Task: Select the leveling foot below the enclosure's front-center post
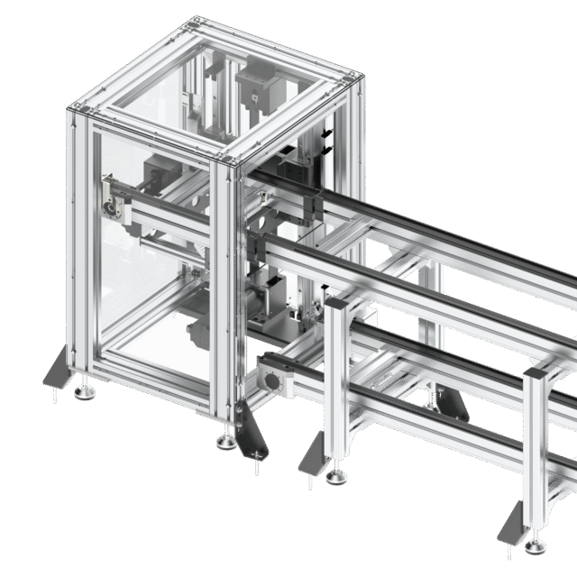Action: pos(224,442)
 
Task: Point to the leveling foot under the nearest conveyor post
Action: pos(338,475)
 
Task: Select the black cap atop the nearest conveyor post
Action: pos(336,306)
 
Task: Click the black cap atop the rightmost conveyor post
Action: pos(538,372)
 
